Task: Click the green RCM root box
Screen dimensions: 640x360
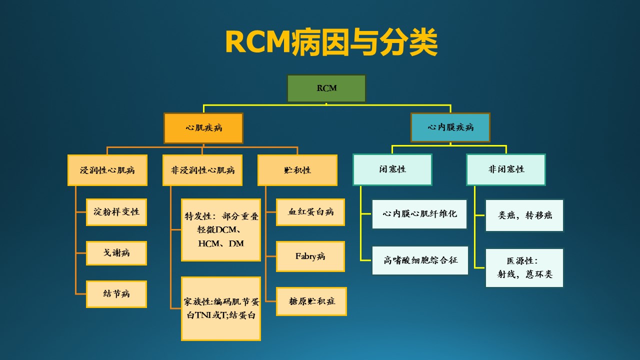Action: (x=326, y=88)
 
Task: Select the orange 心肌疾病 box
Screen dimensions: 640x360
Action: (x=203, y=128)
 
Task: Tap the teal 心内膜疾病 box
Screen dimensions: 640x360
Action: (x=450, y=127)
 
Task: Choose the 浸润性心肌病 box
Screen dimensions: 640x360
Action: (x=107, y=170)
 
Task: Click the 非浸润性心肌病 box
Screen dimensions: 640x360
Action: (x=202, y=170)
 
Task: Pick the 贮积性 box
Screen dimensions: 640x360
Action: (x=297, y=170)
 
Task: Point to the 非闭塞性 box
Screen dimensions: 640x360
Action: (x=506, y=169)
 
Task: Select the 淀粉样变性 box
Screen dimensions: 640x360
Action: (x=116, y=212)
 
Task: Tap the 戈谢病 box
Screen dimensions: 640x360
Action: (x=116, y=253)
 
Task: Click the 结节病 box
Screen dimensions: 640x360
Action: (x=116, y=294)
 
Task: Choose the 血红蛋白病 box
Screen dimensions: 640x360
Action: (x=310, y=212)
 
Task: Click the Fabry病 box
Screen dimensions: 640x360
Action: (x=310, y=256)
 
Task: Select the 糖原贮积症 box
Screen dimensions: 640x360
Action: (x=311, y=301)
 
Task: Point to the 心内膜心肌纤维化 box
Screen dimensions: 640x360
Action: (x=419, y=214)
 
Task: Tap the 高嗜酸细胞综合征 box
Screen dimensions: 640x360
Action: (x=420, y=260)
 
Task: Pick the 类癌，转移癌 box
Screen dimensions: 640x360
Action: (x=524, y=215)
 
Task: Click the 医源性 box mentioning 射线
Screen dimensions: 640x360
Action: (x=524, y=267)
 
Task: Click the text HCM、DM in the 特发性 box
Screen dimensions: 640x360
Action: (x=221, y=243)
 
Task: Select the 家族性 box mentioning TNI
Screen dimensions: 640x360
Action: (x=221, y=308)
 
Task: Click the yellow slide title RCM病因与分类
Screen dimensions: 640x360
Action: (x=331, y=42)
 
